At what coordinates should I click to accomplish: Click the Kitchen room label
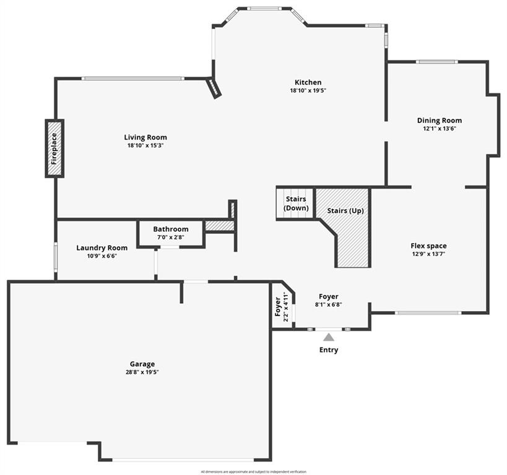click(x=308, y=82)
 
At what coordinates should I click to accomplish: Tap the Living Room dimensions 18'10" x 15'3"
click(x=145, y=145)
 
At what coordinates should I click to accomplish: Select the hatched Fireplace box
click(x=54, y=148)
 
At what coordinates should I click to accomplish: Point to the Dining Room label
click(x=440, y=121)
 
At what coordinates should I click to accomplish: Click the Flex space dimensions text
click(x=428, y=254)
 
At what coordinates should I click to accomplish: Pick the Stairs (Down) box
click(x=295, y=203)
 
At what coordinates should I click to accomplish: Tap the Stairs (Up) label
click(x=345, y=211)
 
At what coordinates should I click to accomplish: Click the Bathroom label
click(x=171, y=229)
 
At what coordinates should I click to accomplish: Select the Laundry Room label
click(x=102, y=248)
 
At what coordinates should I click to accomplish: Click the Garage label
click(x=142, y=364)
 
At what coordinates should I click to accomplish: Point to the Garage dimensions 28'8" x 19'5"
click(x=142, y=372)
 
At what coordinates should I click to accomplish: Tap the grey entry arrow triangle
click(x=329, y=337)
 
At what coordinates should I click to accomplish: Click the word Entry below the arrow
click(x=329, y=350)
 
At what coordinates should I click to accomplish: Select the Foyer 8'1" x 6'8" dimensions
click(x=329, y=304)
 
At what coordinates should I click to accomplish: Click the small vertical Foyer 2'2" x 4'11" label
click(x=281, y=307)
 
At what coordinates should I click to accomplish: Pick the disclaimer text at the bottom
click(x=254, y=472)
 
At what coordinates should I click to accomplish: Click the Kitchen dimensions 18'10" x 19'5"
click(x=308, y=90)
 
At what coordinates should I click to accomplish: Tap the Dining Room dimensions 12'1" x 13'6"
click(x=440, y=129)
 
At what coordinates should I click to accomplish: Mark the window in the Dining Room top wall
click(x=436, y=62)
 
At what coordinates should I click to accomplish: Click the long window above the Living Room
click(x=133, y=79)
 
